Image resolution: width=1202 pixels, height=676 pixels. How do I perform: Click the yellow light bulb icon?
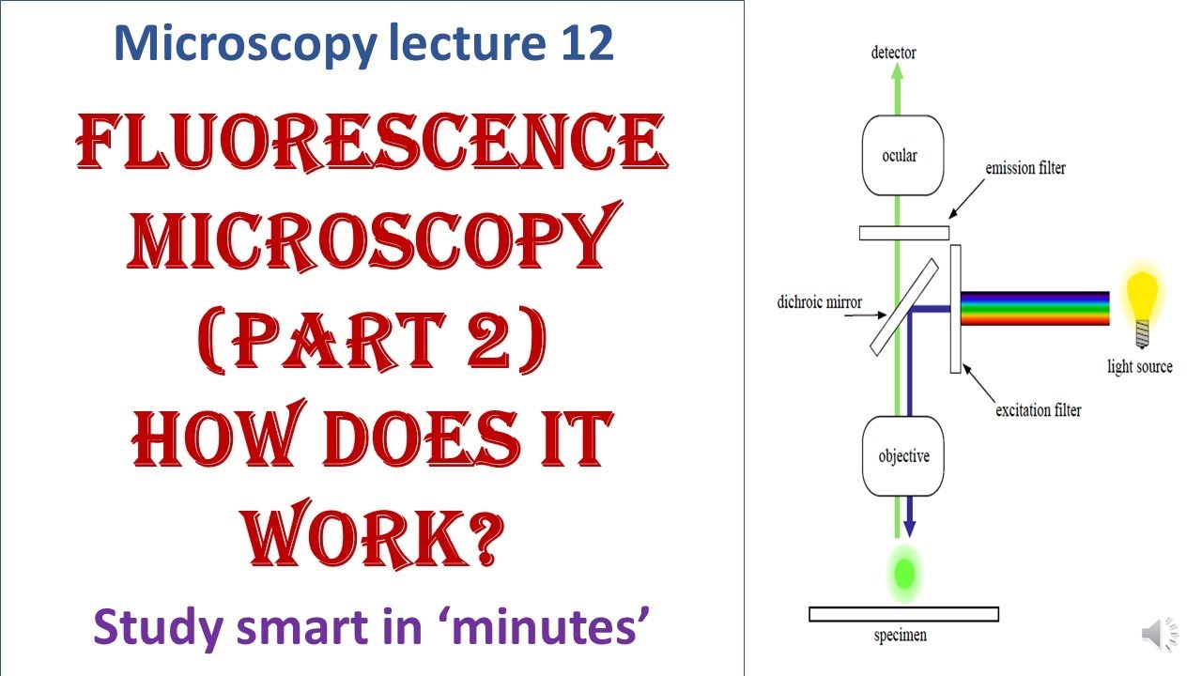[1141, 302]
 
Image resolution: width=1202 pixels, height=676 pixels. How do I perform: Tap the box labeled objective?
[902, 456]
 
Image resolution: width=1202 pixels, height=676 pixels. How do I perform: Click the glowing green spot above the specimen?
[905, 572]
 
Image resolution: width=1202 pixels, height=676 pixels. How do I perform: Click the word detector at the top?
[893, 53]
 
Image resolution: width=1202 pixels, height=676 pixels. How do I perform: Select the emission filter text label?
[1025, 169]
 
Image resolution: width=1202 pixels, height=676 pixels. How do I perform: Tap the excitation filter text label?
[1038, 410]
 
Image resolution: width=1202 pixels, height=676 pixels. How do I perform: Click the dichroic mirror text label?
[819, 303]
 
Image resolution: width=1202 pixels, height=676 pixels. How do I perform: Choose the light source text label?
[1140, 366]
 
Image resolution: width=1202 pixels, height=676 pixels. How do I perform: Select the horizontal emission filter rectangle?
[902, 232]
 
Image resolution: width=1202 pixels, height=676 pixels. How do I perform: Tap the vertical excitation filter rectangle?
[955, 308]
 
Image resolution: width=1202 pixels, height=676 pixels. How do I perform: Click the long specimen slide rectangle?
[902, 614]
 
